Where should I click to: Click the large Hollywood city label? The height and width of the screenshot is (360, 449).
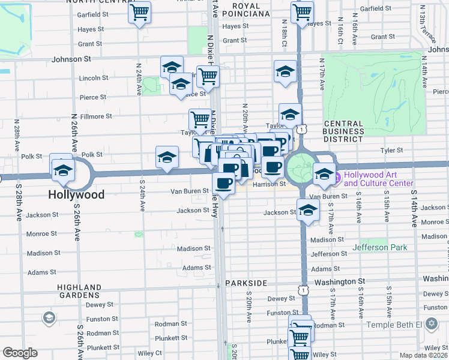click(76, 194)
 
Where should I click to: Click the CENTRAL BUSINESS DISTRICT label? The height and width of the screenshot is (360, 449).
click(343, 131)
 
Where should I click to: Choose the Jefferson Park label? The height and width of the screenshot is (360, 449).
click(379, 247)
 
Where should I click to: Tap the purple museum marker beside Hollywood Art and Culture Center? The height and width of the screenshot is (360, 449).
click(337, 178)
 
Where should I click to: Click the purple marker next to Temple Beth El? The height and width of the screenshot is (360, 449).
click(430, 324)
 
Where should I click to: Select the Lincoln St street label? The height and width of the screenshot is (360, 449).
click(93, 78)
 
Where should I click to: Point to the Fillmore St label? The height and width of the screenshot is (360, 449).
click(92, 116)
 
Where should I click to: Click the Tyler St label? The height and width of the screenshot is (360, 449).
click(390, 151)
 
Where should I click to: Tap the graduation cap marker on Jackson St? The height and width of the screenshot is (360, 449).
click(308, 210)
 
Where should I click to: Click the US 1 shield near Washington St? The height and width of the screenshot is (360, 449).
click(304, 290)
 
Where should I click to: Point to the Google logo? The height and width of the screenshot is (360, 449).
click(20, 353)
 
